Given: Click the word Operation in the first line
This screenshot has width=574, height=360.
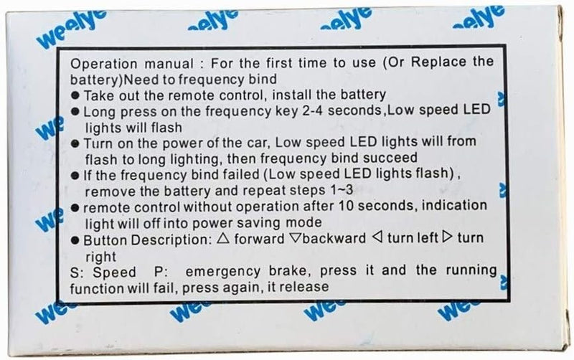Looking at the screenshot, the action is [x=103, y=64].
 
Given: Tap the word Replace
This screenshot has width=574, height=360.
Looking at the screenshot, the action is [x=438, y=62].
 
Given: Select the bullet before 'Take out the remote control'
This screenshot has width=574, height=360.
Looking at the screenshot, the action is [x=75, y=96].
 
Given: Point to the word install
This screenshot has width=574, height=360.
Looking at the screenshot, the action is [x=292, y=95].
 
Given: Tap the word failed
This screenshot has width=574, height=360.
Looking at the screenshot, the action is [x=238, y=174].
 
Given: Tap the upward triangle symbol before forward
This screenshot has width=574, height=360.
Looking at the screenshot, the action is [x=222, y=239].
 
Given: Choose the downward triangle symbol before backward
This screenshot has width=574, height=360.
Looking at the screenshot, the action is [x=295, y=238].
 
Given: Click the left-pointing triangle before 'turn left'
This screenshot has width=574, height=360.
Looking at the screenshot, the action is [x=377, y=237].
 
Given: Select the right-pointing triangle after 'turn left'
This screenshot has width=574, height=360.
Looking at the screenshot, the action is [x=447, y=237].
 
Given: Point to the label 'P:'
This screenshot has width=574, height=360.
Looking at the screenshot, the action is [x=161, y=272].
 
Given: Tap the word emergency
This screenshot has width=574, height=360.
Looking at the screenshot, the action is [x=223, y=272].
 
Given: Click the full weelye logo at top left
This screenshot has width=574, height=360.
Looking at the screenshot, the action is [x=72, y=29].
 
